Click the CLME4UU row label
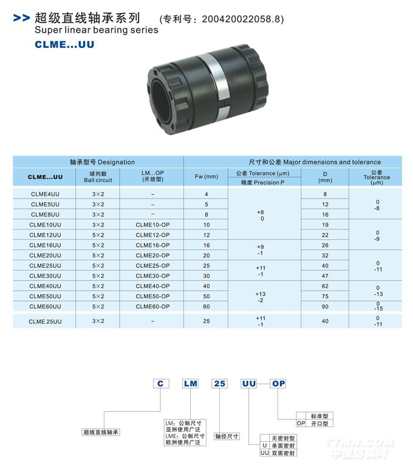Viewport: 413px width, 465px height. coord(45,194)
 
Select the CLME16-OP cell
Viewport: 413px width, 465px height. coord(152,245)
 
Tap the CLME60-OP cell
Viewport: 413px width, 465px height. coord(152,307)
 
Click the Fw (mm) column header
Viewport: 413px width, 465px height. coord(206,177)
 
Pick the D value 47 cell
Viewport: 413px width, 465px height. coord(325,276)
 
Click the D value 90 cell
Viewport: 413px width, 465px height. coord(325,307)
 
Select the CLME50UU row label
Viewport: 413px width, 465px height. coord(45,296)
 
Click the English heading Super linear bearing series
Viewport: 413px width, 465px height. coord(97,30)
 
